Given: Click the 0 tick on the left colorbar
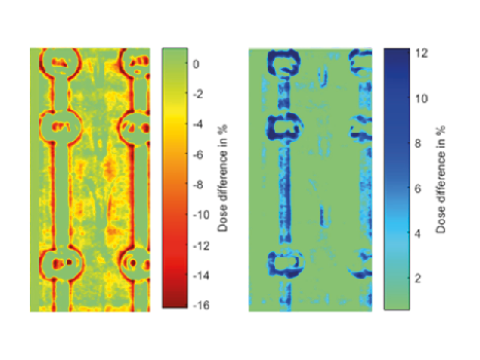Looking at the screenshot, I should point(196,64).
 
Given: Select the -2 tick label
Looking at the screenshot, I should point(198,94).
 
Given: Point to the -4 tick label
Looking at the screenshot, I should point(198,124).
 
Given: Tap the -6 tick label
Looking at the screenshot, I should point(198,155).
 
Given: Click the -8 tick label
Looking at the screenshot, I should point(198,185).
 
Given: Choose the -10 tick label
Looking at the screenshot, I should point(201,215).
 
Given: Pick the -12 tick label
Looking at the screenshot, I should point(201,245).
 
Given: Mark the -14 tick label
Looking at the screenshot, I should point(201,276).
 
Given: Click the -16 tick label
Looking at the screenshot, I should point(201,305).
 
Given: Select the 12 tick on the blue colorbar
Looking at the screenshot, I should point(422,53).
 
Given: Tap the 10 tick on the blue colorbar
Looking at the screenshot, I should point(422,98).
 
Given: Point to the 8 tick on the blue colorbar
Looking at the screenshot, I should point(419,143).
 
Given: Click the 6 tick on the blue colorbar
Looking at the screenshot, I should point(419,188).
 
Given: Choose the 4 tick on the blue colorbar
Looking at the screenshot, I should point(419,233).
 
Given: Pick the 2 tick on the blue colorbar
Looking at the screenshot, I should point(419,278).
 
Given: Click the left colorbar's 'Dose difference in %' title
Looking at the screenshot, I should point(223,178).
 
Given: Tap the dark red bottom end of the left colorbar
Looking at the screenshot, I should point(175,302).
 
